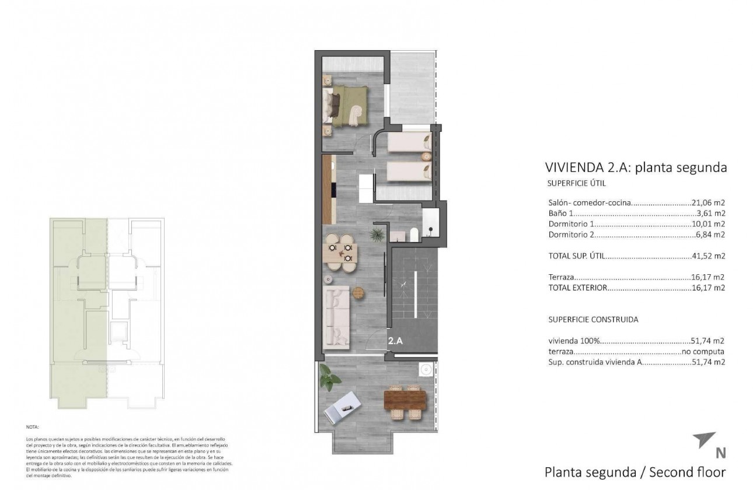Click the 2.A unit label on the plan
pyautogui.click(x=395, y=341)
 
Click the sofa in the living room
pyautogui.click(x=336, y=314)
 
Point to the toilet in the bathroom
pyautogui.click(x=414, y=235)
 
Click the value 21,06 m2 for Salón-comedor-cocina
pyautogui.click(x=708, y=203)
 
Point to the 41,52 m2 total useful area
pyautogui.click(x=708, y=256)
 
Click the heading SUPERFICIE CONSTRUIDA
pyautogui.click(x=593, y=320)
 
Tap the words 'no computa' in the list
pyautogui.click(x=703, y=352)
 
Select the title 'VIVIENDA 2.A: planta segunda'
pyautogui.click(x=635, y=167)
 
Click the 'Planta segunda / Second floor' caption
pyautogui.click(x=635, y=471)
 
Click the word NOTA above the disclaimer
pyautogui.click(x=33, y=427)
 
